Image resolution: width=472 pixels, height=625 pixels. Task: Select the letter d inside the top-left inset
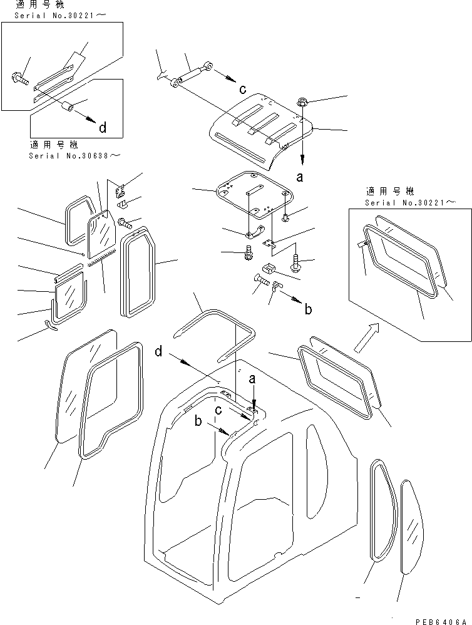point(102,128)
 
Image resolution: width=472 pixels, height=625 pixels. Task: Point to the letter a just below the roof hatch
point(300,177)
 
